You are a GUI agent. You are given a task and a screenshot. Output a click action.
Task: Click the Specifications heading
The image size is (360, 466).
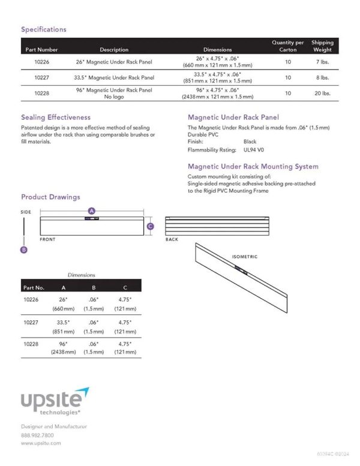point(44,29)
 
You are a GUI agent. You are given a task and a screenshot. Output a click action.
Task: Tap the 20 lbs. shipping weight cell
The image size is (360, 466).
point(322,94)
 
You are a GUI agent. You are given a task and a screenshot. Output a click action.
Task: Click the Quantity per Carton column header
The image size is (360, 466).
point(288,46)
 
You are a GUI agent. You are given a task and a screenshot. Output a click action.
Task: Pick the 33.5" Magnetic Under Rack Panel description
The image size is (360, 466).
point(114,77)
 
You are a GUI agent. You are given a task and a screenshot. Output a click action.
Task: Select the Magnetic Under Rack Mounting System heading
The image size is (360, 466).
point(253,167)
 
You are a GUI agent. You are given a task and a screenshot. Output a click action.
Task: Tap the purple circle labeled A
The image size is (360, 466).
point(92,211)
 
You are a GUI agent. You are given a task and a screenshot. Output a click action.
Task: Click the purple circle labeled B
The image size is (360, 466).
point(24,250)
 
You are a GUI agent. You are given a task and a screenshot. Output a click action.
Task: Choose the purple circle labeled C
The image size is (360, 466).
point(151,226)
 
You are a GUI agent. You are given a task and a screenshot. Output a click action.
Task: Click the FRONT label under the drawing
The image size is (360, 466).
point(48,239)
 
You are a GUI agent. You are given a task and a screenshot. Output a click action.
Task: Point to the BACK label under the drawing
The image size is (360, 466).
point(172,239)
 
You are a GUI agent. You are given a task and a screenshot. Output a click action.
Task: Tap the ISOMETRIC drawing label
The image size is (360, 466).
point(245,257)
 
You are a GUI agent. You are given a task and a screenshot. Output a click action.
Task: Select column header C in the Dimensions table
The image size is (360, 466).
point(124,287)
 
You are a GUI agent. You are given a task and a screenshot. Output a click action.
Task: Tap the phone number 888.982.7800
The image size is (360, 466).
point(37,435)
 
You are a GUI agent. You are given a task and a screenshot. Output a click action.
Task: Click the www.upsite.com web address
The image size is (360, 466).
point(41,443)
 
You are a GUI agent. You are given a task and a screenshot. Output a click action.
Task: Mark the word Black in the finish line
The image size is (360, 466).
point(250,142)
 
